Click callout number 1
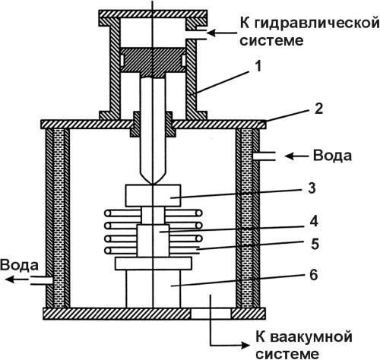pyautogui.click(x=258, y=66)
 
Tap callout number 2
pyautogui.click(x=318, y=109)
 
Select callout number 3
pyautogui.click(x=312, y=188)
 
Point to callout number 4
pyautogui.click(x=314, y=222)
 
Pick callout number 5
pyautogui.click(x=315, y=244)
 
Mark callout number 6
pyautogui.click(x=314, y=275)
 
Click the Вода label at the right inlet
pyautogui.click(x=332, y=156)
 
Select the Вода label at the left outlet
pyautogui.click(x=19, y=265)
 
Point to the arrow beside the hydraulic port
pyautogui.click(x=222, y=33)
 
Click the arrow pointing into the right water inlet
pyautogui.click(x=296, y=156)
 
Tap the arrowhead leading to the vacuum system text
pyautogui.click(x=245, y=345)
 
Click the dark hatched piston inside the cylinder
pyautogui.click(x=153, y=62)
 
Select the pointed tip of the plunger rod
pyautogui.click(x=153, y=184)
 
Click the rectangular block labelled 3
pyautogui.click(x=153, y=195)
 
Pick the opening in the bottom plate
pyautogui.click(x=211, y=314)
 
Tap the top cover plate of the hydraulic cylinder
pyautogui.click(x=153, y=14)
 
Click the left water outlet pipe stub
pyautogui.click(x=42, y=280)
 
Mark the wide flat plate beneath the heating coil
pyautogui.click(x=154, y=264)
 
